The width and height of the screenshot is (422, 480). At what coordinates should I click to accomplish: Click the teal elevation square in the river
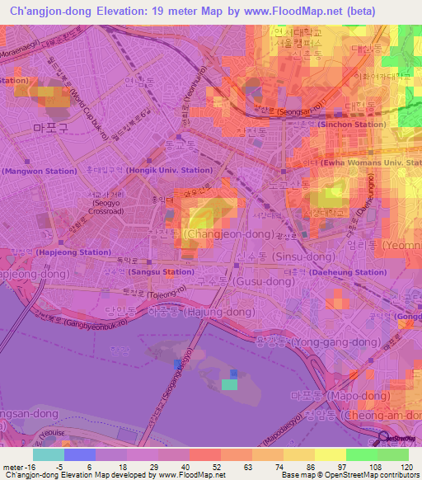pyautogui.click(x=230, y=384)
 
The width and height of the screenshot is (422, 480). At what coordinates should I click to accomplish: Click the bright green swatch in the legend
pyautogui.click(x=362, y=454)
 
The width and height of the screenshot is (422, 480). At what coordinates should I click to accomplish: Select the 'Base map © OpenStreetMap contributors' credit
pyautogui.click(x=349, y=475)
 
